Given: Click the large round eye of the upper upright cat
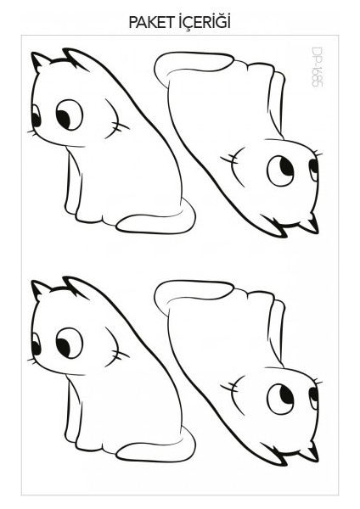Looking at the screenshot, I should click(x=69, y=112).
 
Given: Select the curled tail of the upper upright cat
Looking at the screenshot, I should click(x=161, y=220).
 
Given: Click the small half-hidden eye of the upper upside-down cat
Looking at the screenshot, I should click(x=313, y=167).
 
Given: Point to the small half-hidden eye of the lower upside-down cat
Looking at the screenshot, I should click(x=313, y=394).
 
